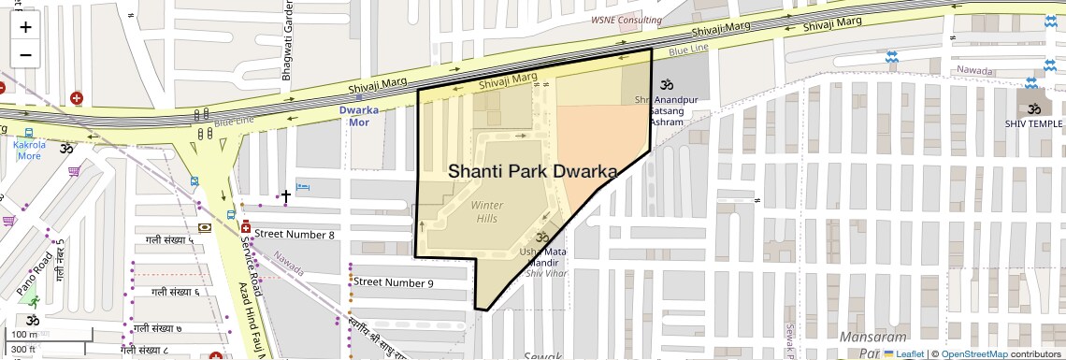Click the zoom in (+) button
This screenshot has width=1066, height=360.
(25, 26)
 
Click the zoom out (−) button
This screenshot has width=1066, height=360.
(25, 54)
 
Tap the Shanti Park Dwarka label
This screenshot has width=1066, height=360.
(534, 172)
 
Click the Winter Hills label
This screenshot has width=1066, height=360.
(486, 211)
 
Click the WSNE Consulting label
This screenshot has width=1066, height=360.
(627, 20)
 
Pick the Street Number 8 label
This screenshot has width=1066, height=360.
(295, 234)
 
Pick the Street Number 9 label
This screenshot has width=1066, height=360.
(393, 281)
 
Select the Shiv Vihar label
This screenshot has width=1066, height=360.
(546, 273)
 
